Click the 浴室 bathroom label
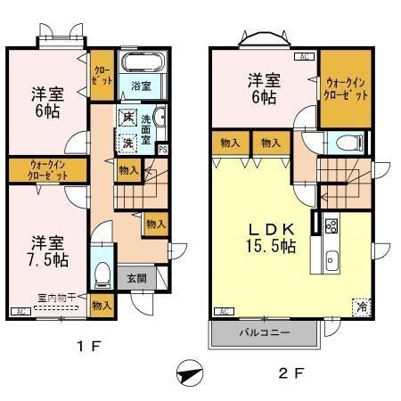[x=139, y=86]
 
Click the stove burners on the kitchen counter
[x=331, y=225]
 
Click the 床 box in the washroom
[x=129, y=118]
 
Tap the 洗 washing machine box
[x=127, y=141]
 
